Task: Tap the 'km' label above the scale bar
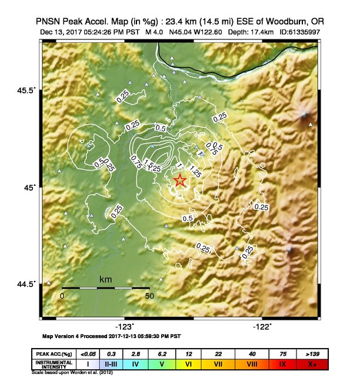[x=106, y=279]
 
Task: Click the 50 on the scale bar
[x=149, y=296]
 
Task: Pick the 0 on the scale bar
[x=62, y=296]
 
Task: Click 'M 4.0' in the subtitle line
[x=155, y=31]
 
